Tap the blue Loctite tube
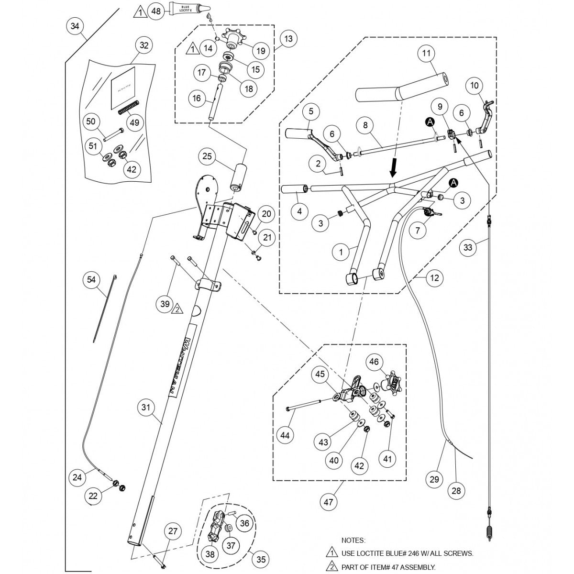(189, 8)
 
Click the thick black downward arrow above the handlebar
(393, 167)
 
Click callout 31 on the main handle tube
(146, 408)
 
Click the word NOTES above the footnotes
(353, 540)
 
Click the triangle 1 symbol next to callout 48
(139, 11)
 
